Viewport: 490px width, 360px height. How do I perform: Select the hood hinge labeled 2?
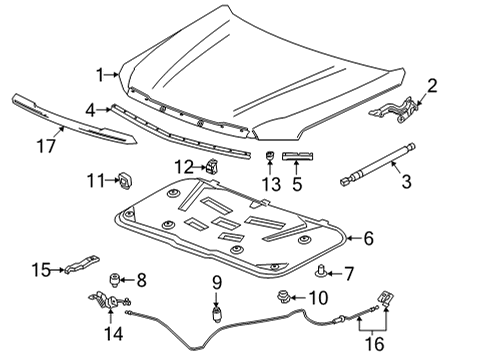coord(402,114)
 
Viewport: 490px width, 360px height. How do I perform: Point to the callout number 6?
coord(367,238)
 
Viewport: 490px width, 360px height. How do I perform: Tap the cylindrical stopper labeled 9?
coord(215,313)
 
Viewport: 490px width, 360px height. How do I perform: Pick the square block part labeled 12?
coord(211,166)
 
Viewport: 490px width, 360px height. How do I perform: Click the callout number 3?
coord(406,181)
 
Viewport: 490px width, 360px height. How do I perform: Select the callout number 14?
coord(115,334)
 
